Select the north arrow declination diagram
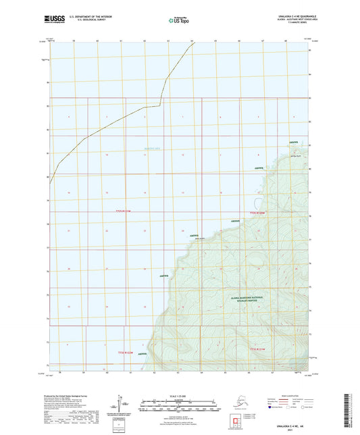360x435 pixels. pos(123,407)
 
